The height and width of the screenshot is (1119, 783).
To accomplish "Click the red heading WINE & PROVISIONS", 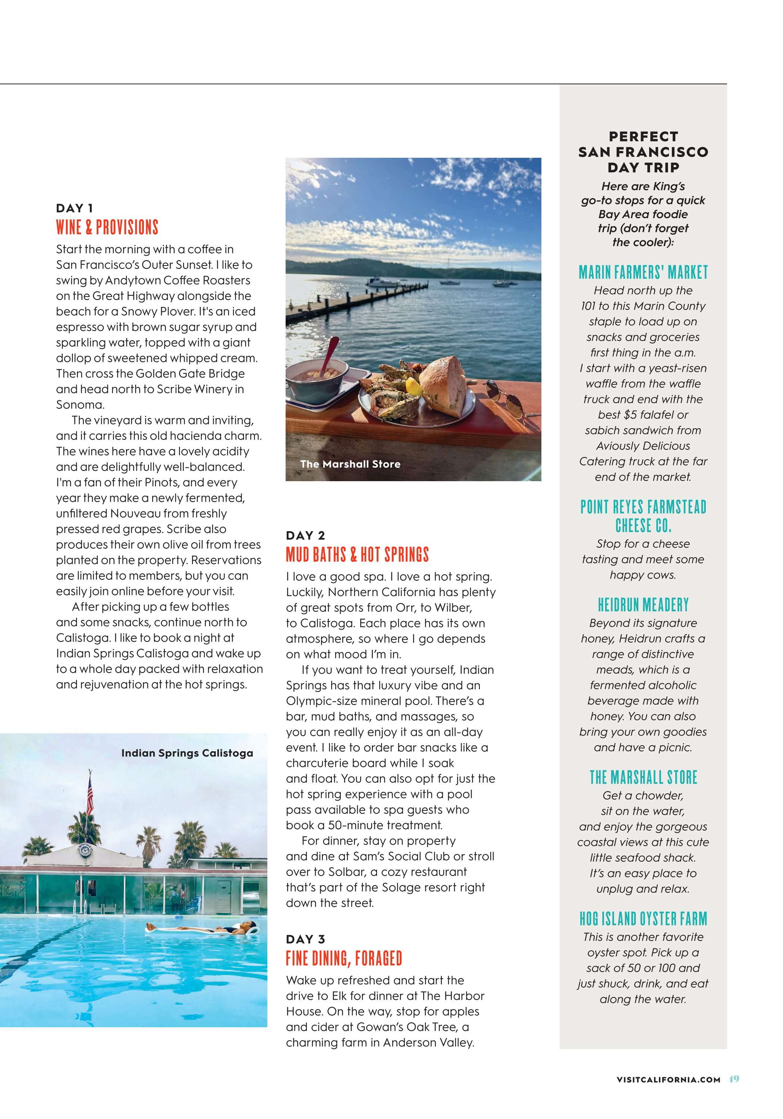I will (107, 228).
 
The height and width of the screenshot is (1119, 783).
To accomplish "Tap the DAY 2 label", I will (305, 536).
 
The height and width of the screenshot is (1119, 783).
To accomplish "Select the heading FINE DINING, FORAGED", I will (344, 958).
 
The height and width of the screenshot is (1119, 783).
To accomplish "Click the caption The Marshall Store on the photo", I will (350, 464).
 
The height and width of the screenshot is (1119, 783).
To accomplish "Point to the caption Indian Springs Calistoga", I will (187, 753).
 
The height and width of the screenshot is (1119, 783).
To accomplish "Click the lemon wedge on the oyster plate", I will (413, 386).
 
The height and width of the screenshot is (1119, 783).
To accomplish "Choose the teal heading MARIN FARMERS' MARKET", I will (643, 272).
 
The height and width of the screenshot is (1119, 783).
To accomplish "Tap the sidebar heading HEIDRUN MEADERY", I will (643, 605).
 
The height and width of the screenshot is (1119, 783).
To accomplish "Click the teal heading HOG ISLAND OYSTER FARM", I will (643, 919).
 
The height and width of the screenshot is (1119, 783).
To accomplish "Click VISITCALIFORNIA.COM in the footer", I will (668, 1079).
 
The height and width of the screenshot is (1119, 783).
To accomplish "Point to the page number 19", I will (734, 1079).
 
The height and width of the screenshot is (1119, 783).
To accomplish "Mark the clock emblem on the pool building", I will (85, 851).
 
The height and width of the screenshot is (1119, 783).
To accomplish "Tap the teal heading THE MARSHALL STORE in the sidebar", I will (643, 777).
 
